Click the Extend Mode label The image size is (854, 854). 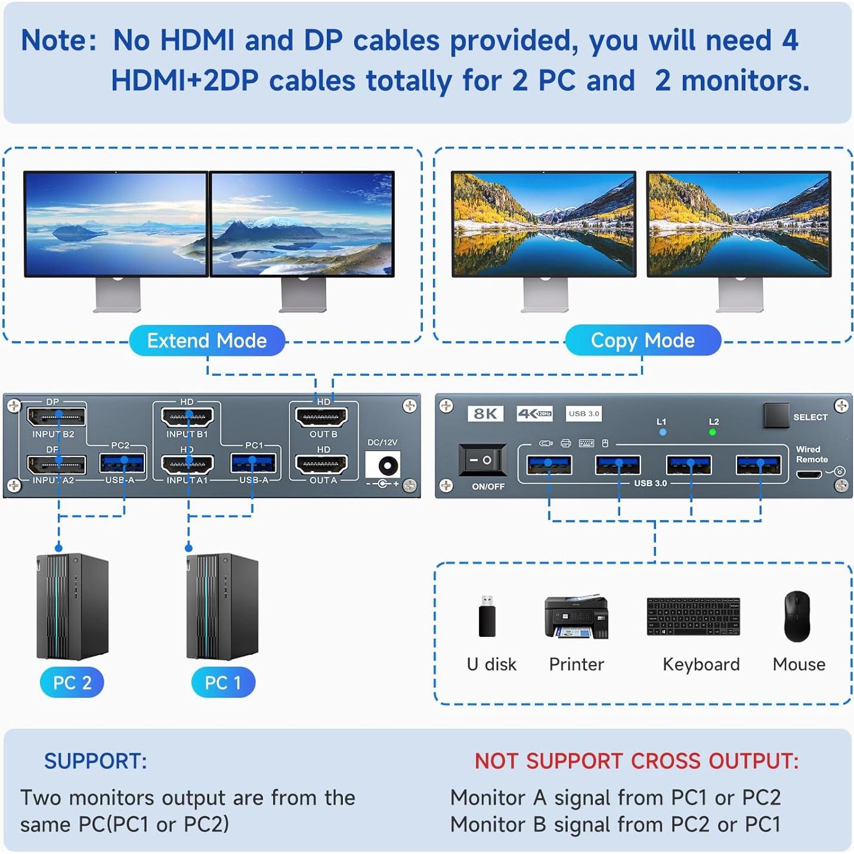(x=207, y=341)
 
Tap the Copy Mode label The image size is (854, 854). (x=642, y=341)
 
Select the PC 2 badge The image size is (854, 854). (x=72, y=682)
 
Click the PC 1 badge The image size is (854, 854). (x=222, y=682)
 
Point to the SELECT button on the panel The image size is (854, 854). (x=775, y=416)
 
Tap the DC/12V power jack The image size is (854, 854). (x=382, y=465)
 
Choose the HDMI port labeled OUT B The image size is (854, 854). (x=321, y=416)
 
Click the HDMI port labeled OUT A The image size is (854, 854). (x=321, y=464)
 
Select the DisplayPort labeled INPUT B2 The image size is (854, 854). (x=57, y=416)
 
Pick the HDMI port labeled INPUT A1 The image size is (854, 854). (x=187, y=464)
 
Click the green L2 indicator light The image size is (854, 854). (x=713, y=432)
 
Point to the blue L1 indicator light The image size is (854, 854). (x=663, y=432)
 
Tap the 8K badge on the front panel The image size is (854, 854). (x=485, y=413)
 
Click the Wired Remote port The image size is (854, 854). (x=809, y=474)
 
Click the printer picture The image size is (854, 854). (x=576, y=617)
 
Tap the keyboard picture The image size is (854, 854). (x=693, y=617)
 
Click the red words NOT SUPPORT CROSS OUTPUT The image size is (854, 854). (x=636, y=761)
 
